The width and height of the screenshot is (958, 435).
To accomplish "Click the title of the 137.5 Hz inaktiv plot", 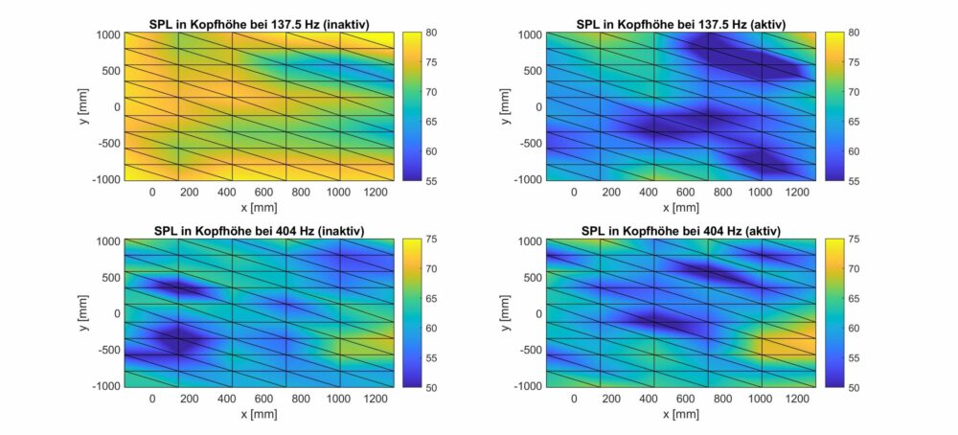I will (x=259, y=24).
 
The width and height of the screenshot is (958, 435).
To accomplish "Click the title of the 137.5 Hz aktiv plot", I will (x=681, y=24).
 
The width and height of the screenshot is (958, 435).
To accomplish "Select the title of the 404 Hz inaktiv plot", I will (x=259, y=231).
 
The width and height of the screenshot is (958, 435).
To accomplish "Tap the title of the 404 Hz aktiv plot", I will (x=681, y=231).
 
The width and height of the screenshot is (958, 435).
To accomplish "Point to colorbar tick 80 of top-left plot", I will (x=431, y=33).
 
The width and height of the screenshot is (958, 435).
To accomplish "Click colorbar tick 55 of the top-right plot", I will (x=853, y=180).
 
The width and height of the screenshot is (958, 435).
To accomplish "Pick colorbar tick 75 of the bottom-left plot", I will (x=431, y=240).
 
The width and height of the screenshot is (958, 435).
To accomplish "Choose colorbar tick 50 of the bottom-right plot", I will (x=853, y=387).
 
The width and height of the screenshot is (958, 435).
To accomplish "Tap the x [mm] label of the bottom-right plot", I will (x=681, y=415).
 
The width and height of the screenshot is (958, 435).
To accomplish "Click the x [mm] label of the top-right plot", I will (x=681, y=208).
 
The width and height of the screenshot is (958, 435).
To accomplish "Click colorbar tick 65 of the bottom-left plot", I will (x=431, y=299).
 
